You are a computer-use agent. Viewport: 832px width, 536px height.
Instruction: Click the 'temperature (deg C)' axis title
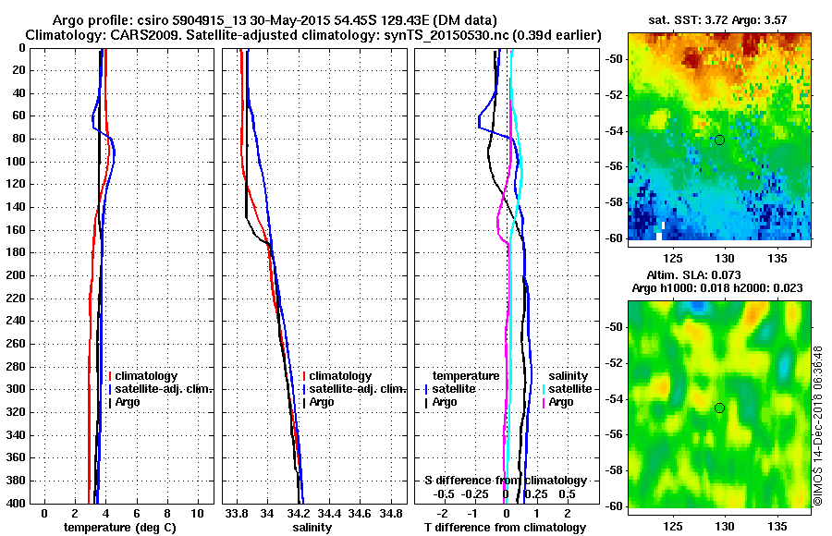pyautogui.click(x=119, y=527)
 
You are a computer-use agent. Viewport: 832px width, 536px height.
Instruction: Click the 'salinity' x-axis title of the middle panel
pyautogui.click(x=313, y=527)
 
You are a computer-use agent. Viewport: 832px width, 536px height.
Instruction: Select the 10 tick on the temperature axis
pyautogui.click(x=197, y=513)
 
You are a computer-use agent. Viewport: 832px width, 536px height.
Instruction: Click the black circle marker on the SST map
pyautogui.click(x=719, y=140)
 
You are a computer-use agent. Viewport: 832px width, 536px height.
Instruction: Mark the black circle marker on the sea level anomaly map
pyautogui.click(x=719, y=408)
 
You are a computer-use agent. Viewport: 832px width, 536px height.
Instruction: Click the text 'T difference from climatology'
pyautogui.click(x=505, y=527)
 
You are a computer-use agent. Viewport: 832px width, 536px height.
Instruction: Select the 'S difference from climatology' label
pyautogui.click(x=505, y=481)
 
